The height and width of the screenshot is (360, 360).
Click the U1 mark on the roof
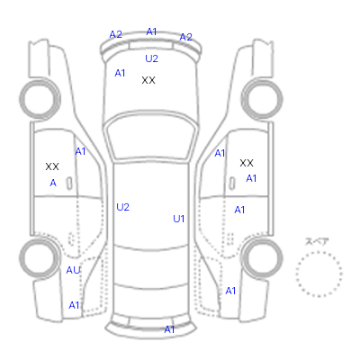[x=178, y=219]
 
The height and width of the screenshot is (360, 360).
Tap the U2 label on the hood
[x=151, y=58]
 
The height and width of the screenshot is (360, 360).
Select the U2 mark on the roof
[x=122, y=207]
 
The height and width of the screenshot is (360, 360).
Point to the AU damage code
[x=73, y=270]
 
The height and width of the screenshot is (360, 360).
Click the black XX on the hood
[x=148, y=80]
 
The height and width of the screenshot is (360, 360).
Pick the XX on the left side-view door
[x=52, y=166]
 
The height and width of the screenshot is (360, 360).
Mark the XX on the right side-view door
[x=247, y=163]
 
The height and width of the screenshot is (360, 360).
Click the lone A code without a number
[x=53, y=183]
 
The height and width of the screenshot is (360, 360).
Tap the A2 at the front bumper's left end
[x=115, y=34]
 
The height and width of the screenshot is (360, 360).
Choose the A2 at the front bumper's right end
[x=185, y=37]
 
